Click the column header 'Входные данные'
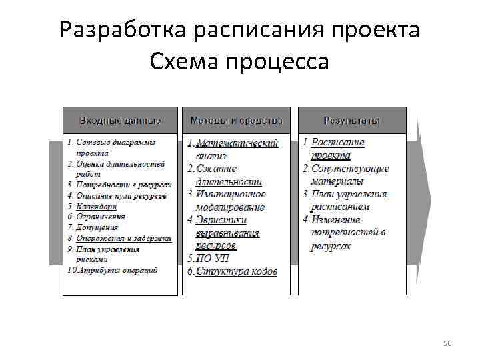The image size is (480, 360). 120,121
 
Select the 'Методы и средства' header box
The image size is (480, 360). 236,121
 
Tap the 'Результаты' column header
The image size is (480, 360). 351,121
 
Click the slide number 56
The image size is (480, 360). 447,343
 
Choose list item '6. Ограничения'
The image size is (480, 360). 96,217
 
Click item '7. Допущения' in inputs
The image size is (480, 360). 93,227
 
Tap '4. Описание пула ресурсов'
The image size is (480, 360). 117,196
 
